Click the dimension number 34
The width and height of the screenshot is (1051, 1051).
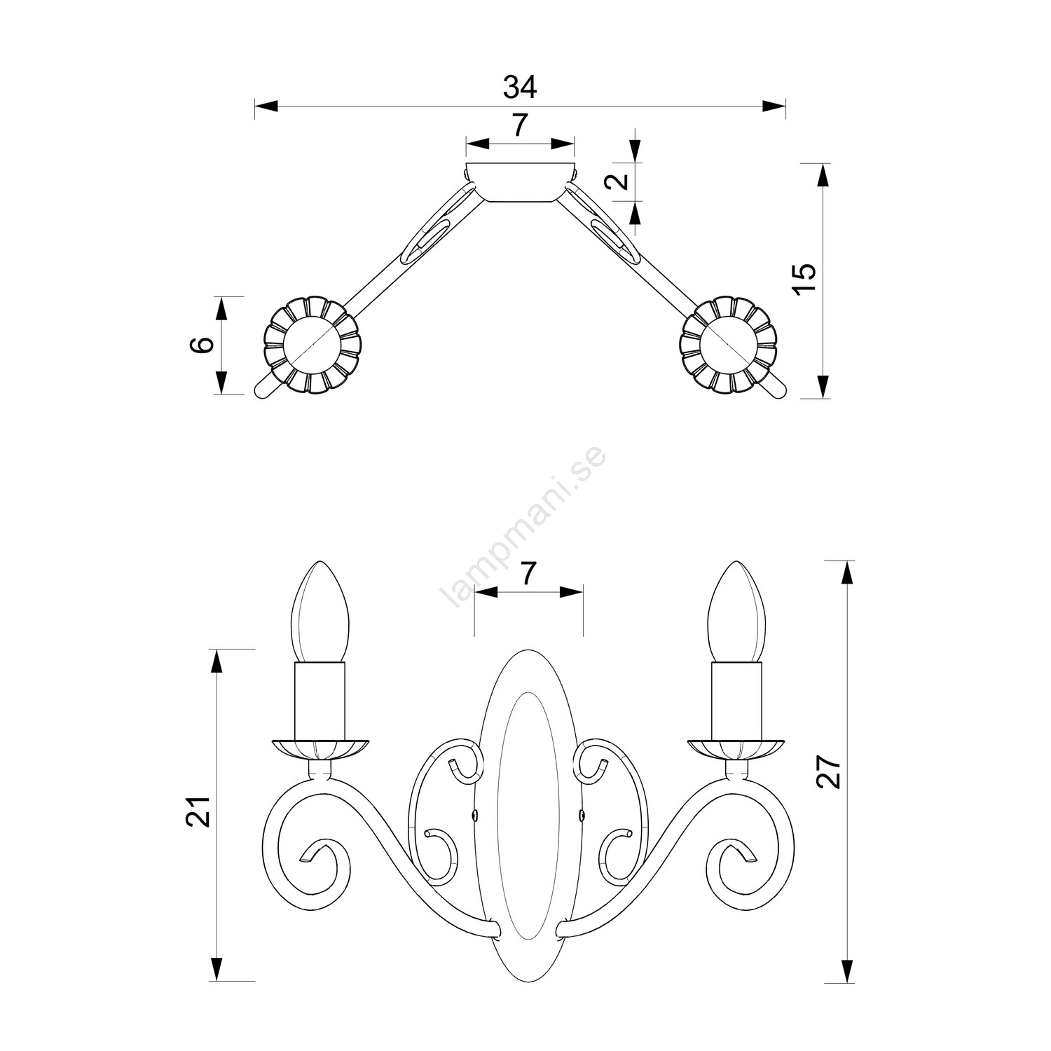point(520,87)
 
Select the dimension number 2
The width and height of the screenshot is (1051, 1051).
point(616,181)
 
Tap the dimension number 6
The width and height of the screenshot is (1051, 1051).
point(202,345)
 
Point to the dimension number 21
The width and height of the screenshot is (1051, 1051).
point(199,812)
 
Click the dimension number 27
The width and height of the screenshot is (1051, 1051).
point(829,771)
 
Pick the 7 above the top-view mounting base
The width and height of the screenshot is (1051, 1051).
point(519,125)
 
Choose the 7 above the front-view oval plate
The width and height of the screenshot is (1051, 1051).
point(529,574)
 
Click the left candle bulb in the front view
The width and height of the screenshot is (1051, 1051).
point(320,612)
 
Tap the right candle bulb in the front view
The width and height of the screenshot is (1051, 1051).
point(736,612)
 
